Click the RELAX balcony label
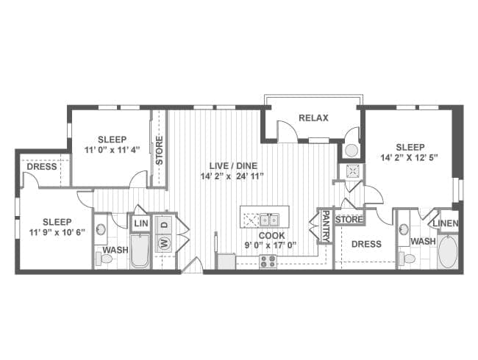313,118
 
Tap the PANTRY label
326,226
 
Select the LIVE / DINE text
233,166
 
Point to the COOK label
271,235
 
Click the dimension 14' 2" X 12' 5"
410,157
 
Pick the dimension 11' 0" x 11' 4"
112,150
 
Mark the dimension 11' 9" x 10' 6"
57,232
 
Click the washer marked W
164,243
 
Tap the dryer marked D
164,225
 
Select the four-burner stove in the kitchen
268,262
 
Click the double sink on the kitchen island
269,219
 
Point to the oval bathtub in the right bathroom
448,252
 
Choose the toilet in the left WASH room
104,259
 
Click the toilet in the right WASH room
407,259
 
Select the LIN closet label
141,223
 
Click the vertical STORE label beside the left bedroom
159,151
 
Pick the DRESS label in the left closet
42,167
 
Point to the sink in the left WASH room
101,229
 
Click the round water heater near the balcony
352,150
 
